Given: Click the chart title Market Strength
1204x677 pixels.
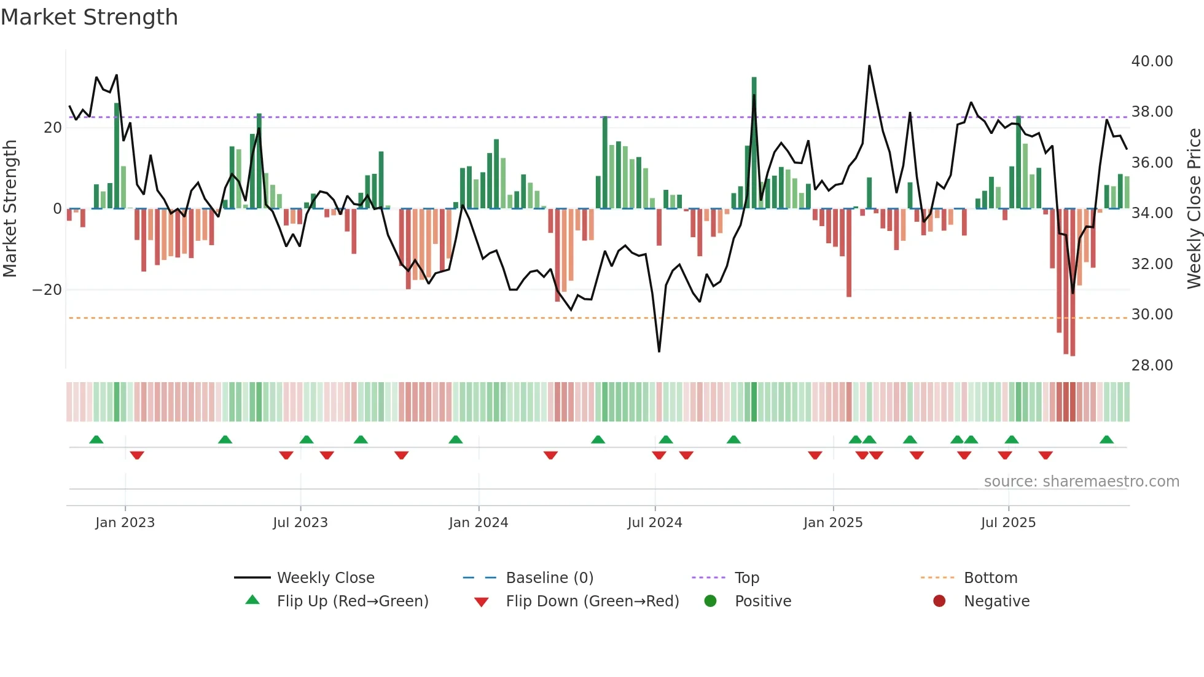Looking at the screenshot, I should point(89,17).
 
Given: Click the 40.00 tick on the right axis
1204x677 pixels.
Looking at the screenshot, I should point(1152,61).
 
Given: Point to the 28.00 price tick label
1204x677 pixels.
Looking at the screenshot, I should point(1152,366).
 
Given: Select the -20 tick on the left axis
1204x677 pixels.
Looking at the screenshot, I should point(47,290).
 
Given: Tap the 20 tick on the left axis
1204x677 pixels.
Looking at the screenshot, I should point(53,128).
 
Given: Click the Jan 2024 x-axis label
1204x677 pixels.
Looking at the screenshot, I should point(479,523).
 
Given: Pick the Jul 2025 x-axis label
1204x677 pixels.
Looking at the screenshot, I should point(1008,523).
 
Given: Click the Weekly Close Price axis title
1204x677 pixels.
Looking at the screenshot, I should point(1194,209).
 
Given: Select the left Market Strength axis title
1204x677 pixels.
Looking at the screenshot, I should point(10,209).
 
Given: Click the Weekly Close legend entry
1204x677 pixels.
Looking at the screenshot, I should point(325,578).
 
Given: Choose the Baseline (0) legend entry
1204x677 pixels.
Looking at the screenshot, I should point(549,578).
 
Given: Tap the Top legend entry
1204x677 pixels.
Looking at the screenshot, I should point(746,578).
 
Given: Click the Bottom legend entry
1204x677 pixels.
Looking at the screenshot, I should point(990,578).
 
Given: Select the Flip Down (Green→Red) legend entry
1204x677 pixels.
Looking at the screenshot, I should point(592,601).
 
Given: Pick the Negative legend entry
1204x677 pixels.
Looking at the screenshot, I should point(996,601).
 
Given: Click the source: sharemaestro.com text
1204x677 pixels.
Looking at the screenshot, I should point(1081,482).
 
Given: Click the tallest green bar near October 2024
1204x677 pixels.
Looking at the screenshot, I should point(754,141).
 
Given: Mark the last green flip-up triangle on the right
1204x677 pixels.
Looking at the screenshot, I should point(1106,440).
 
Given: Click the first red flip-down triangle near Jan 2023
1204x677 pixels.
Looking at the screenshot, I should point(137,455).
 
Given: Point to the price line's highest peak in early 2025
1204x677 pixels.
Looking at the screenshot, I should point(869,66).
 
